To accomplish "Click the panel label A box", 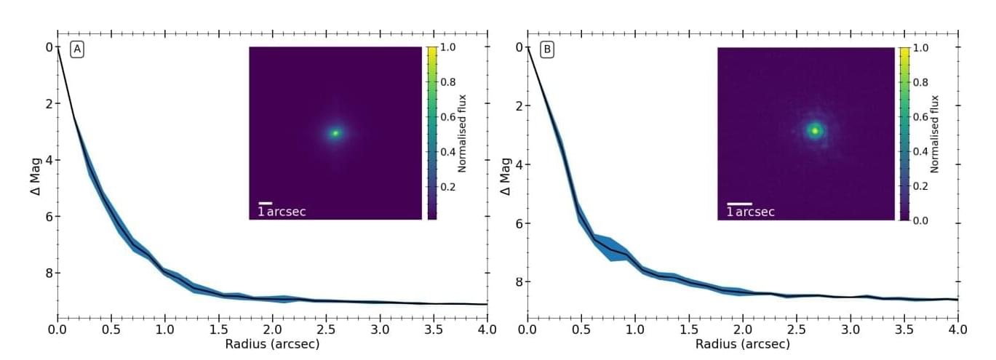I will [x=76, y=49].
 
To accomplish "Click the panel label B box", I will [x=547, y=49].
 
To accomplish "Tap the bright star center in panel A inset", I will [x=335, y=133].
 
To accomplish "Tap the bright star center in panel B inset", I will [x=815, y=131].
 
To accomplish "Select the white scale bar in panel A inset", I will [x=266, y=203].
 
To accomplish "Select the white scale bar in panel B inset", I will [x=739, y=204].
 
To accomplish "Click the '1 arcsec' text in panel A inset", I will [x=282, y=212].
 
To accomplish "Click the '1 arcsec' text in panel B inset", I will [x=751, y=212].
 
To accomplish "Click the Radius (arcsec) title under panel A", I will [x=272, y=344].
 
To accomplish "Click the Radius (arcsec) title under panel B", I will [x=742, y=344].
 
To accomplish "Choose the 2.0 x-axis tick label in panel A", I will [x=272, y=329].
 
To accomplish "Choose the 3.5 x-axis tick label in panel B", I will [x=904, y=329].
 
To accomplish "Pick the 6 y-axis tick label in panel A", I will [x=49, y=217].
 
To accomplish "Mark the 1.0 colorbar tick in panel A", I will [x=448, y=47].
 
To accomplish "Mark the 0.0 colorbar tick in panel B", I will [x=920, y=220].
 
